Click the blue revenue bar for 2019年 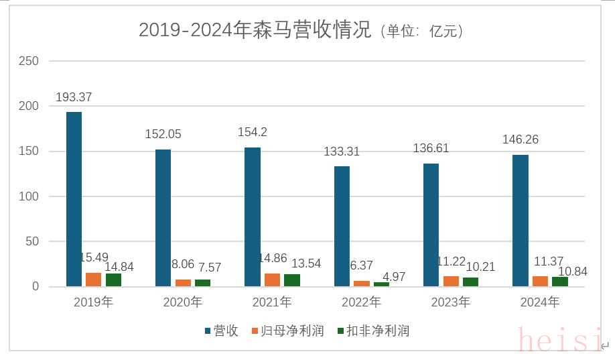(x=74, y=199)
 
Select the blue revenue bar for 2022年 (x=342, y=227)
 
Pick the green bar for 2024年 (x=559, y=282)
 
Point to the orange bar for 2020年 (x=183, y=283)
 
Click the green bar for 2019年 (x=113, y=280)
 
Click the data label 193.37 (x=74, y=97)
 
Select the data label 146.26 (x=521, y=140)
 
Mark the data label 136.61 (x=431, y=148)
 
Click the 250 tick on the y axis (x=29, y=61)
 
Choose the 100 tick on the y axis (x=29, y=196)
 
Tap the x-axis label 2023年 (x=450, y=302)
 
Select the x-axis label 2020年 (x=182, y=302)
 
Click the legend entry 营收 (x=221, y=331)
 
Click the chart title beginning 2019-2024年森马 (x=301, y=30)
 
